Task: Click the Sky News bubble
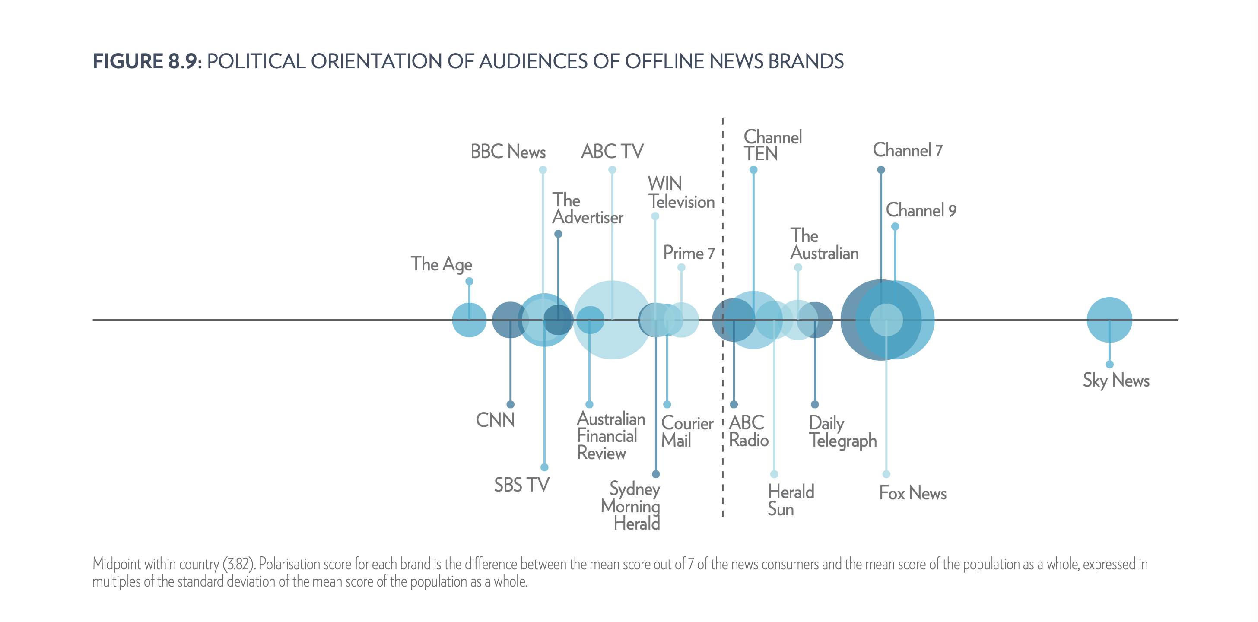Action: [1109, 320]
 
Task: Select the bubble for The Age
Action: [469, 320]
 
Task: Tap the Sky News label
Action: [1116, 381]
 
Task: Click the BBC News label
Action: [508, 152]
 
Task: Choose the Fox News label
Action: [913, 493]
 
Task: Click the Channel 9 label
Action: [921, 210]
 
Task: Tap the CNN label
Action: [495, 420]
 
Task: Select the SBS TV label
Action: [521, 485]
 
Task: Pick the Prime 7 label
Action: [689, 254]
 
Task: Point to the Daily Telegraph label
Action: [842, 432]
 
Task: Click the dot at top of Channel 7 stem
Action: [881, 170]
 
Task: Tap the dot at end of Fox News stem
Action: [886, 474]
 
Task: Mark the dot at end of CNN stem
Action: [510, 404]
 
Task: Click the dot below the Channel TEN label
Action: [753, 170]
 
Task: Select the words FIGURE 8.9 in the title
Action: [145, 61]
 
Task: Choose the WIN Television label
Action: [681, 193]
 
